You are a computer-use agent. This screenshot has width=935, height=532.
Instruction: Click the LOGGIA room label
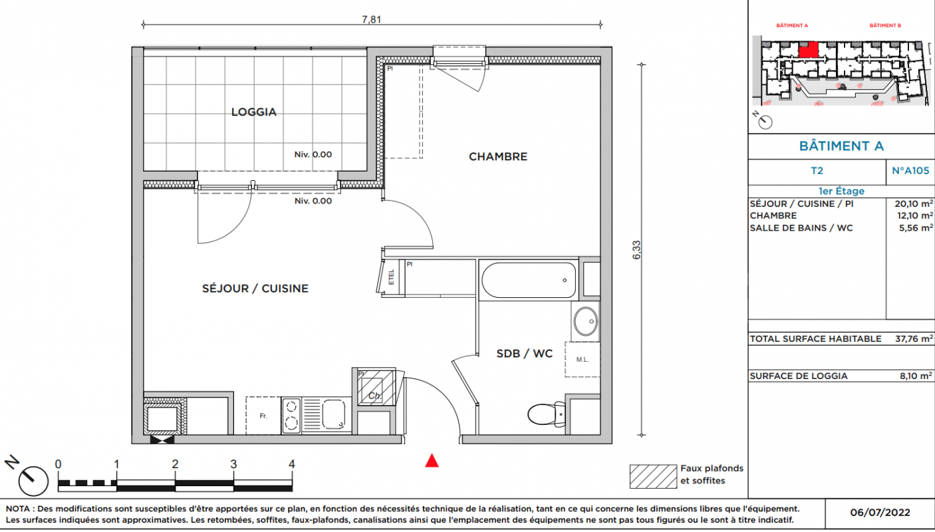pos(254,112)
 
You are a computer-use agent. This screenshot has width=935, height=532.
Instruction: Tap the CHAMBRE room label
pos(498,156)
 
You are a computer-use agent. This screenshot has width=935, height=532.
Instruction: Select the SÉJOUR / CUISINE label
pos(255,289)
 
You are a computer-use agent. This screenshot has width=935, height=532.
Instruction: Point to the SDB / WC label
pos(524,353)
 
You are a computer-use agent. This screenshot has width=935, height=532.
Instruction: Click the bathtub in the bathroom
pos(529,280)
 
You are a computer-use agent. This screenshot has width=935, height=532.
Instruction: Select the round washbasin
pos(585,321)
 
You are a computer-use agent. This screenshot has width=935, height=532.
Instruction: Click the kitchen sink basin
pos(334,414)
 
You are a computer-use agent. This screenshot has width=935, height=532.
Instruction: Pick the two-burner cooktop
pos(291,416)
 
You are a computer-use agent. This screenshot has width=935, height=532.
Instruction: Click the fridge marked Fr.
pos(263,416)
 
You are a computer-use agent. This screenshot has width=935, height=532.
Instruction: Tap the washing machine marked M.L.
pos(583,359)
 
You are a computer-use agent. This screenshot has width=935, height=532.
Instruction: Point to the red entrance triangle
pos(432,461)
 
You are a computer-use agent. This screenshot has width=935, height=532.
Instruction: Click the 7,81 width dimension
pos(371,19)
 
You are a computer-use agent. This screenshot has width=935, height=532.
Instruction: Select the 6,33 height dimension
pos(636,250)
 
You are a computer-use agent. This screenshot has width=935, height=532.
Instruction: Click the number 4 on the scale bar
pos(292,464)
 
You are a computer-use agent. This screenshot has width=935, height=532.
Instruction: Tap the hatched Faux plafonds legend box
pos(653,477)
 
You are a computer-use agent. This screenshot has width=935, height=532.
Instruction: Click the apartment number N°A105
pos(910,171)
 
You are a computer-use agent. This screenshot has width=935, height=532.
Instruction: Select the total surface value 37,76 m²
pos(914,338)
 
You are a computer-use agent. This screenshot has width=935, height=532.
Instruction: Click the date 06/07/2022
pos(880,513)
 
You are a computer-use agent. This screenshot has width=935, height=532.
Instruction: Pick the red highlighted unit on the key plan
pos(808,50)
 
